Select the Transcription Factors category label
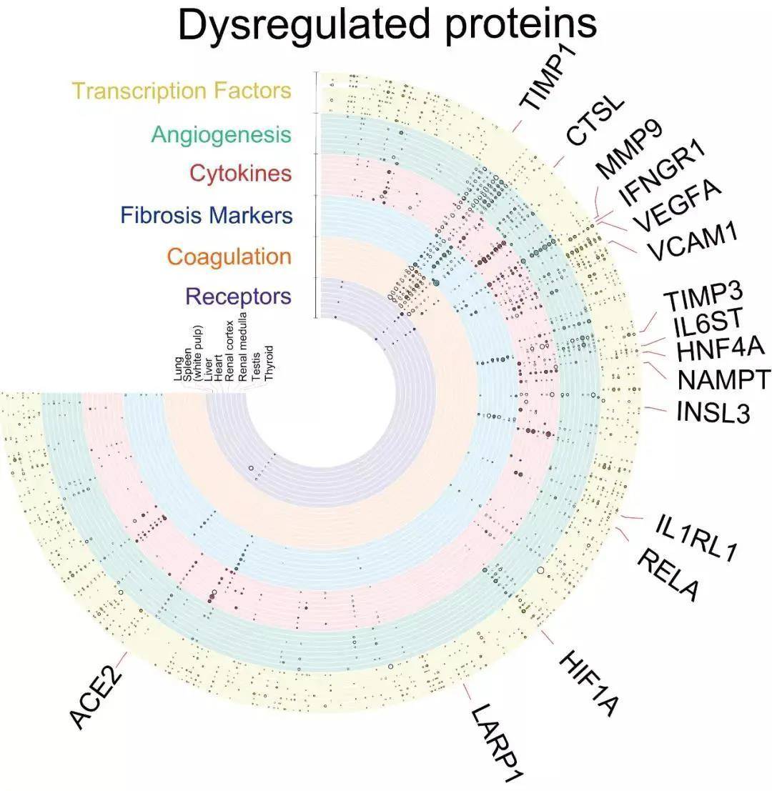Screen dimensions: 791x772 [182, 91]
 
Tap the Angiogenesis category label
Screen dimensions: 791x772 [222, 134]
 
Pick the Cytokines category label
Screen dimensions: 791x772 [240, 174]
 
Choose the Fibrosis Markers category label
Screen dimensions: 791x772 [207, 215]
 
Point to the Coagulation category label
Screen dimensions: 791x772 [229, 256]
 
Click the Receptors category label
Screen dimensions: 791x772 [238, 296]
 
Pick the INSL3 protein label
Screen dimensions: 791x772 [712, 413]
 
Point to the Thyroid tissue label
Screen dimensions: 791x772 [269, 362]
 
